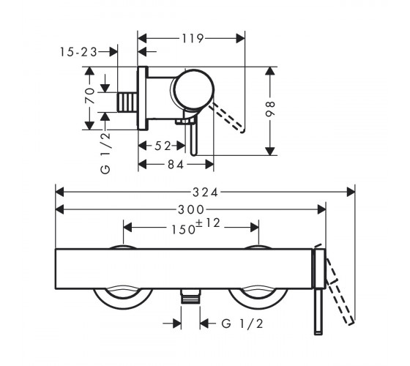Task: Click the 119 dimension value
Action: tap(193, 38)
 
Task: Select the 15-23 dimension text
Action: tap(79, 52)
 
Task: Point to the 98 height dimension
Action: tap(270, 108)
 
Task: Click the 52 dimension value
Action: tap(163, 146)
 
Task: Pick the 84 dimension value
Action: tap(176, 165)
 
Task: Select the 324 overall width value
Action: tap(205, 193)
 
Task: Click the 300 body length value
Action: tap(191, 209)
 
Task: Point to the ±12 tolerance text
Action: tap(208, 223)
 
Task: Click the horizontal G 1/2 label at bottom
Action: tap(242, 324)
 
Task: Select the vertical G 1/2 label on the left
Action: tap(105, 153)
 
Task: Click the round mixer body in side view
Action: tap(194, 89)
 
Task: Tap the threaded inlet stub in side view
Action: tap(127, 102)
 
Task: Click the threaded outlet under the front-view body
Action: tap(190, 296)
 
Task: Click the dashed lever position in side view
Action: tap(227, 117)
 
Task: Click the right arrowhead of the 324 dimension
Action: tap(351, 192)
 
